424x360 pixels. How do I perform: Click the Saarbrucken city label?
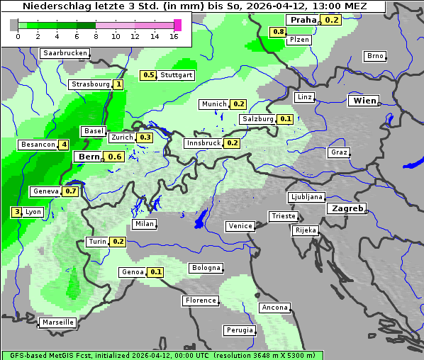[65, 53]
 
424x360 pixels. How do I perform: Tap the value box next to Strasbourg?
[118, 84]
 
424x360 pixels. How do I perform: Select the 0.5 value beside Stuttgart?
[148, 75]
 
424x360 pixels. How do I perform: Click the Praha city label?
[303, 20]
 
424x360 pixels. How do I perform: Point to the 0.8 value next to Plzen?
[278, 32]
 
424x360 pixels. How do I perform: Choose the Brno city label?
[374, 56]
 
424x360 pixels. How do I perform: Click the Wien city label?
[364, 101]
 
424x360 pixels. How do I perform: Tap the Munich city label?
[213, 104]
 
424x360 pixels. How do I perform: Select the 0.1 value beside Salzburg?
[285, 119]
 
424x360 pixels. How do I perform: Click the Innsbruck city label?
[203, 143]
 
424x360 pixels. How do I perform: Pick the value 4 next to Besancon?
[64, 145]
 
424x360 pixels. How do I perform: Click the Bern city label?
[89, 157]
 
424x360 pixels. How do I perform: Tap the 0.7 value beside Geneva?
[71, 191]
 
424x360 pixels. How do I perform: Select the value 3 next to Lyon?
[16, 212]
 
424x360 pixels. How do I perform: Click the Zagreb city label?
[346, 209]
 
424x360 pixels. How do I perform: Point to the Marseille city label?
[57, 322]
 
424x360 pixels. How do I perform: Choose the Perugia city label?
[240, 330]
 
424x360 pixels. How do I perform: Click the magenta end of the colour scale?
[177, 25]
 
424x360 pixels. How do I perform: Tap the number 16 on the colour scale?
[174, 36]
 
